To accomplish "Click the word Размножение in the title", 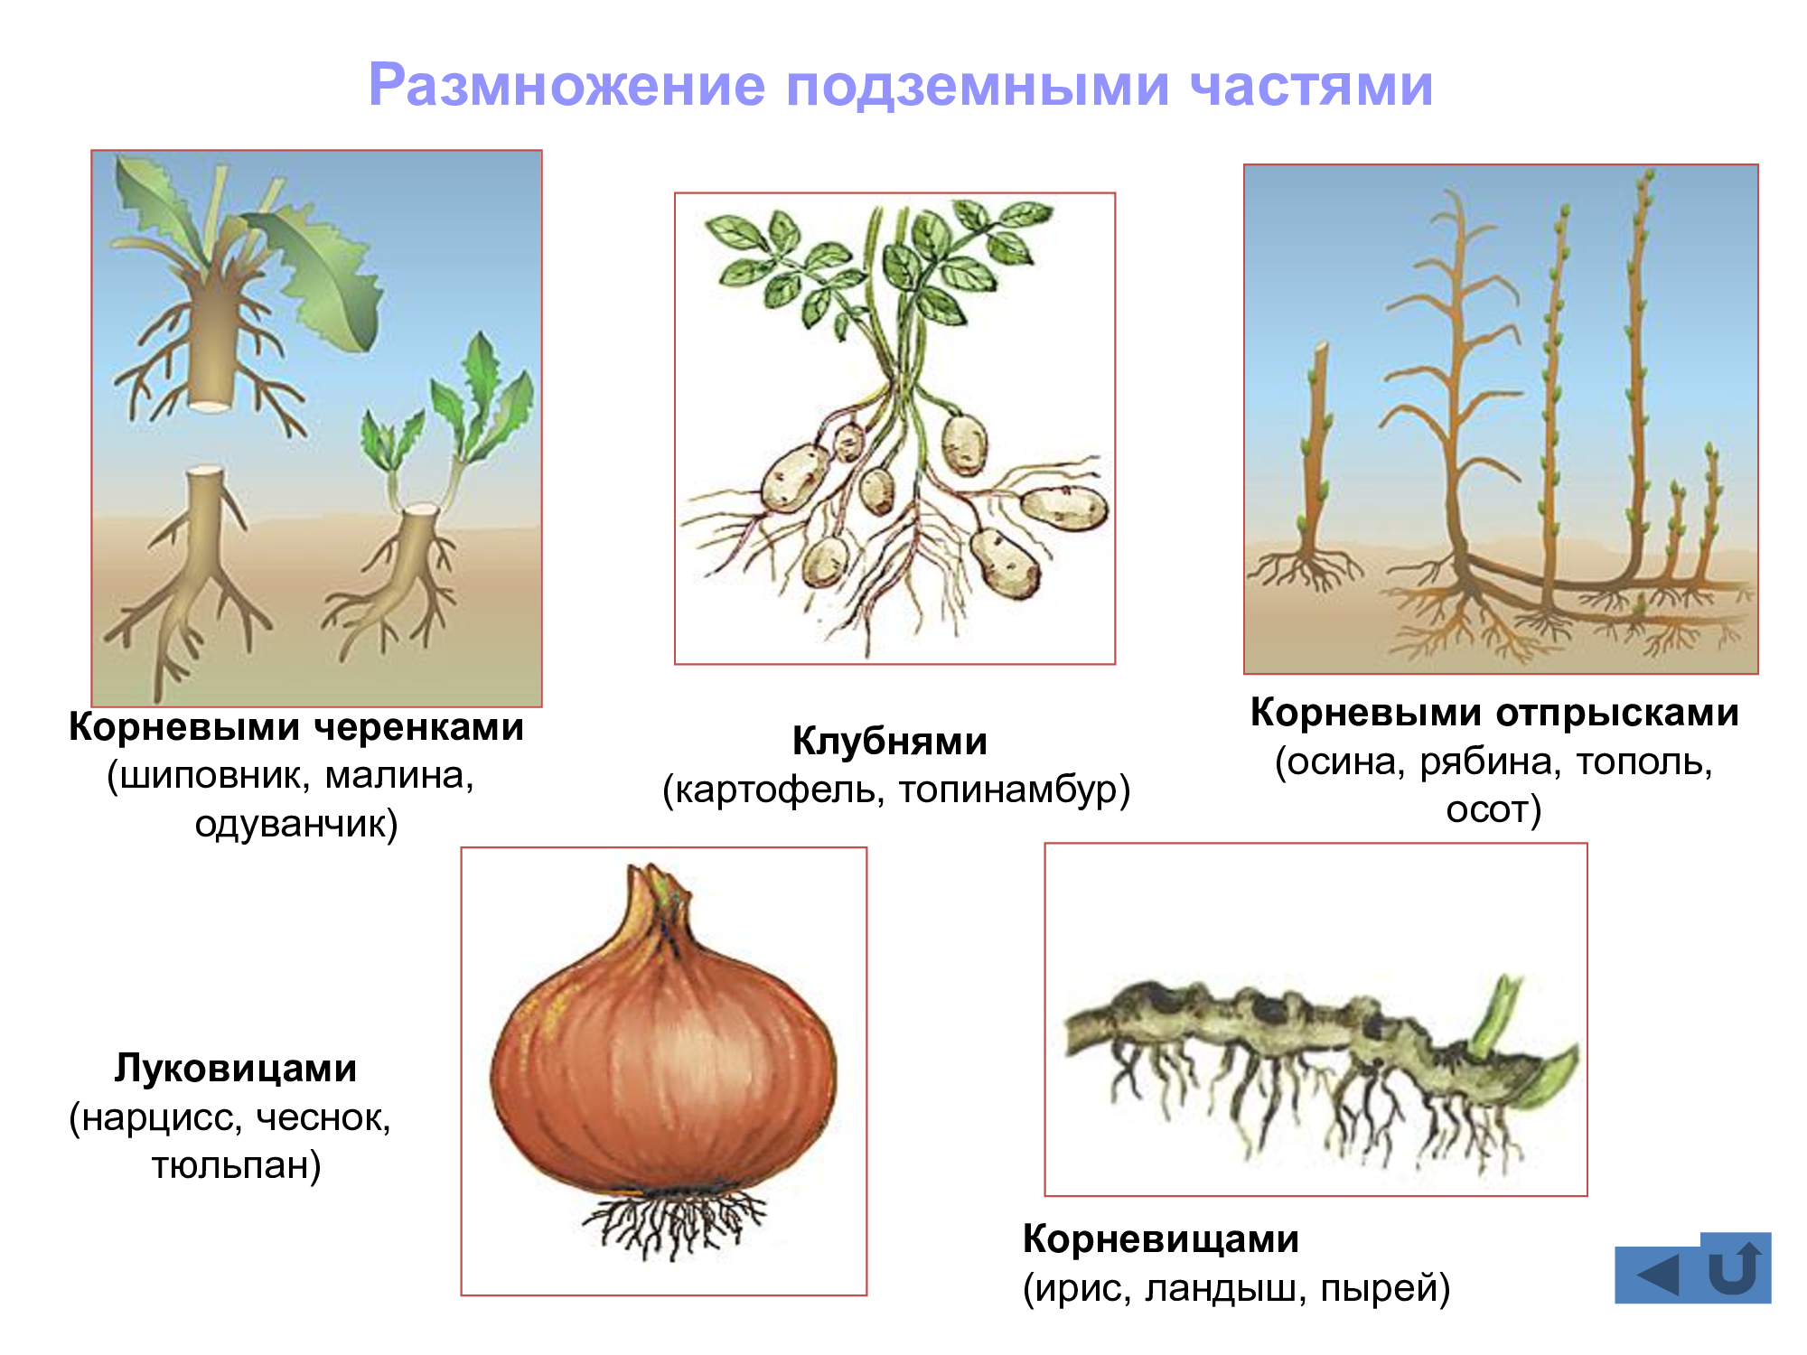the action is coord(567,86).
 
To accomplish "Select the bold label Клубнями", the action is coord(890,742).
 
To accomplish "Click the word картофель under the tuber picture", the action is coord(780,790).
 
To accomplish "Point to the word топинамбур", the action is coord(1008,790).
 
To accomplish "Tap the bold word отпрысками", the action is coord(1616,714).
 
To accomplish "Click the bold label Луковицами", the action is coord(235,1069).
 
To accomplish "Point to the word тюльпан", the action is coord(230,1166).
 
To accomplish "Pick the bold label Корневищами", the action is coord(1161,1240).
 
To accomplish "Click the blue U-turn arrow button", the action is coord(1735,1266).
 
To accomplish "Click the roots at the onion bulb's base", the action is coord(673,1225).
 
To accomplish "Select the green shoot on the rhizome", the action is coord(1495,1016).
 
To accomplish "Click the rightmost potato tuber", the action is coord(1063,509).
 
